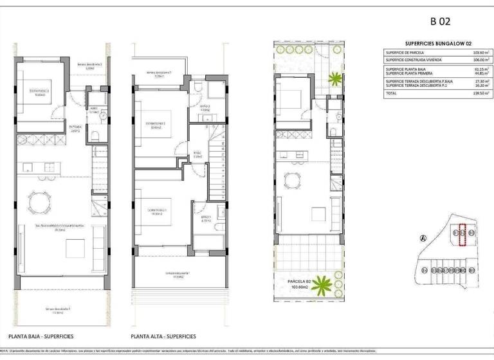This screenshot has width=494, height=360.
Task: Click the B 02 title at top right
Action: tap(439, 21)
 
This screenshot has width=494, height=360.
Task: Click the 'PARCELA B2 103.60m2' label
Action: tap(302, 284)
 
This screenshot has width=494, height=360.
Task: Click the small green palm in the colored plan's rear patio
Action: tap(334, 79)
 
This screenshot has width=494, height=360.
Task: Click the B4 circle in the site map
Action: tap(424, 271)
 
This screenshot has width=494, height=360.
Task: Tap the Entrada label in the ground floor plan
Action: tap(75, 129)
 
